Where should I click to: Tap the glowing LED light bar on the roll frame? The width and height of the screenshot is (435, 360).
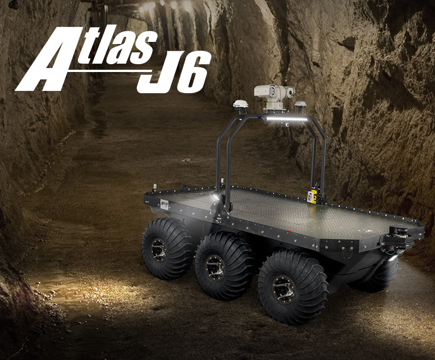pos(287,118)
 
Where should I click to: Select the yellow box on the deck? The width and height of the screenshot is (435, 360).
pos(311,196)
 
